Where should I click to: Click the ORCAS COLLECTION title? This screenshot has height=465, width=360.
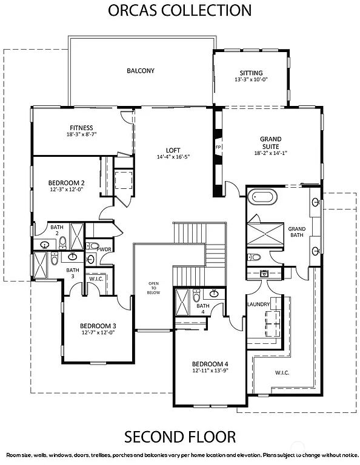[179, 10]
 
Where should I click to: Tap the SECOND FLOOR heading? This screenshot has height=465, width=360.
[180, 437]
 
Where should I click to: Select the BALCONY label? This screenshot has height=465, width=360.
[141, 71]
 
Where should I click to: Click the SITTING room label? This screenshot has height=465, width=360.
[251, 73]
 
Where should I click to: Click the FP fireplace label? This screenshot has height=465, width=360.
[218, 147]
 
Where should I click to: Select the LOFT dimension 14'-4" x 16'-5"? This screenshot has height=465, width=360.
[173, 157]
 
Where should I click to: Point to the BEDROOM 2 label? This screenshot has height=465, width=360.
[66, 182]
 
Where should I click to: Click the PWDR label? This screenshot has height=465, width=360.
[104, 248]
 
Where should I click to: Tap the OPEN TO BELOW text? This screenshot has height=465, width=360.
[154, 288]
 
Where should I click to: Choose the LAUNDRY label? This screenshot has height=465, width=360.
[258, 304]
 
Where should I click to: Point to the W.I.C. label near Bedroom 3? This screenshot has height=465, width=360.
[97, 279]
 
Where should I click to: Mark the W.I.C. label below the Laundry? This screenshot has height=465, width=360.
[282, 372]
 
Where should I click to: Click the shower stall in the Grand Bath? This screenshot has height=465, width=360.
[264, 233]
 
